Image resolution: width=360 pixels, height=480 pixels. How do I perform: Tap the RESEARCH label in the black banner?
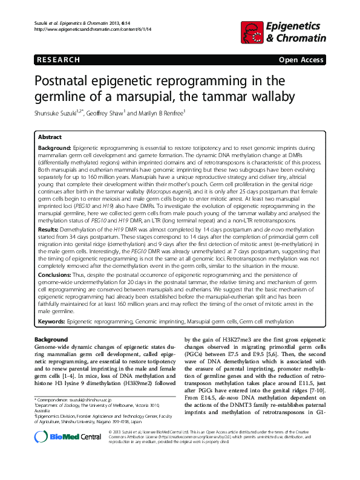tap(59, 60)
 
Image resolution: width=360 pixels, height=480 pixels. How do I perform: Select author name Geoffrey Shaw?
tap(113, 114)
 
